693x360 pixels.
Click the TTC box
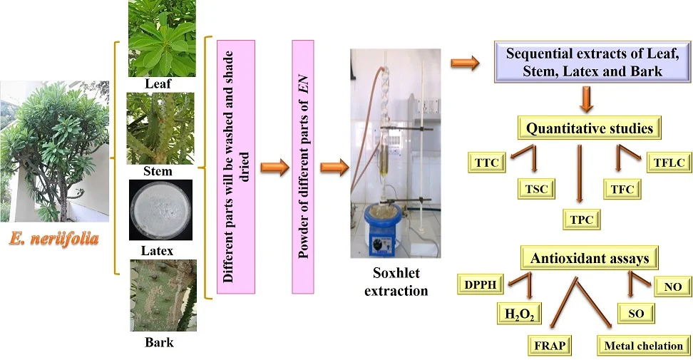click(x=486, y=163)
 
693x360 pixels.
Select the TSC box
click(x=535, y=189)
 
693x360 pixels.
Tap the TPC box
click(x=582, y=219)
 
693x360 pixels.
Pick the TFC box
click(x=622, y=189)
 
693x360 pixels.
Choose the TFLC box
click(x=669, y=163)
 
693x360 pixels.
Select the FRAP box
click(x=550, y=346)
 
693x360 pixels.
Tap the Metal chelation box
click(x=643, y=346)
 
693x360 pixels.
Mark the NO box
click(x=672, y=287)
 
